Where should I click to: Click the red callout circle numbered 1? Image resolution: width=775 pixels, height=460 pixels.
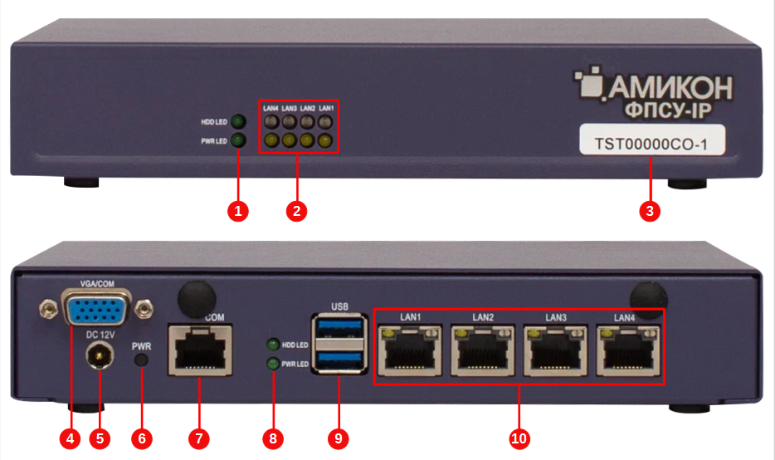238,211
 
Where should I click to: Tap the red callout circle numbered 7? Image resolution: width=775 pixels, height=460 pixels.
199,438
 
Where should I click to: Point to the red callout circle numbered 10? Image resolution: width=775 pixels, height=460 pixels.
519,438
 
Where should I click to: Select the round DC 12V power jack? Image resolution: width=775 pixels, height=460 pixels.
100,357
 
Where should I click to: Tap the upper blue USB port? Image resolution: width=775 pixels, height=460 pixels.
339,327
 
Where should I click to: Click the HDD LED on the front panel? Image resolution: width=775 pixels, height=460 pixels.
237,122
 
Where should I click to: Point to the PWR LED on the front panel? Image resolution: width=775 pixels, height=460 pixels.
237,140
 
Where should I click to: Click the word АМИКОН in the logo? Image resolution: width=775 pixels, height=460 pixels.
675,86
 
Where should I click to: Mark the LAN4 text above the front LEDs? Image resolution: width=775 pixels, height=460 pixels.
271,108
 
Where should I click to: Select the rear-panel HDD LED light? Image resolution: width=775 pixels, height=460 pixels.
271,345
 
